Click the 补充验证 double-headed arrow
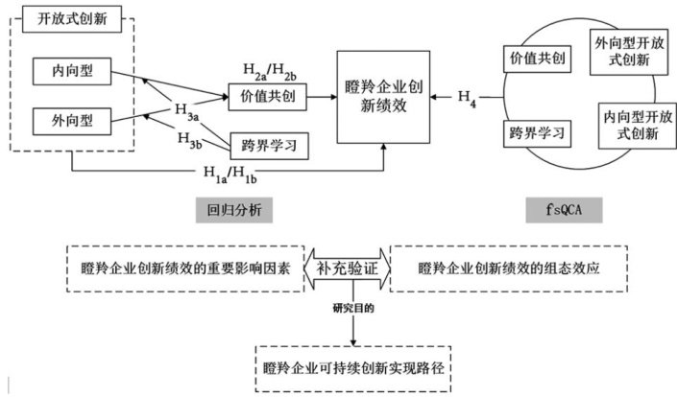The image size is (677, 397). pos(347,269)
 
